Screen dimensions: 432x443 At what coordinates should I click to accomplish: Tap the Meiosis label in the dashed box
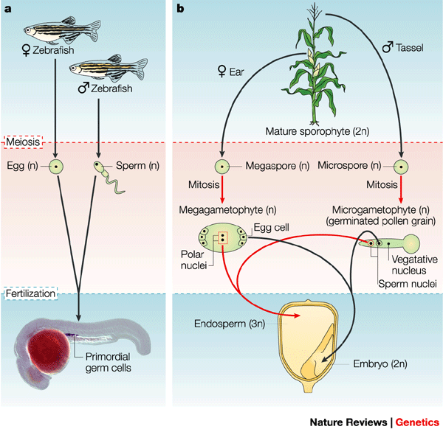[24, 141]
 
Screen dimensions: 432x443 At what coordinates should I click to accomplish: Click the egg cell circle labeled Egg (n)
[54, 167]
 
